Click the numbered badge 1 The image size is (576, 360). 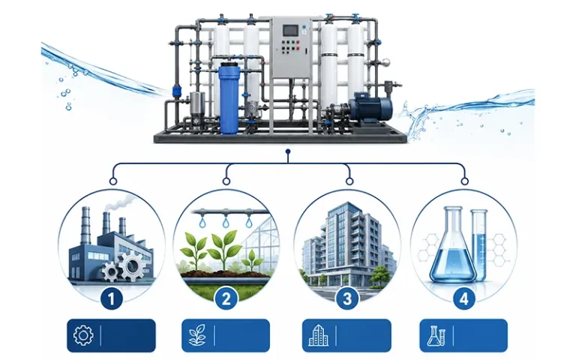(x=111, y=298)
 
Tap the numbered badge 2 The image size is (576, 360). (x=226, y=298)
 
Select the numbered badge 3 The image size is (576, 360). (x=346, y=298)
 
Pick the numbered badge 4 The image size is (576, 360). (x=464, y=298)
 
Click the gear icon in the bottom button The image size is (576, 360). (x=83, y=335)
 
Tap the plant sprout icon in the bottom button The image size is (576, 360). (x=197, y=335)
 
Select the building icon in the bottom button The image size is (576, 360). (x=319, y=335)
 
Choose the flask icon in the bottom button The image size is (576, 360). (x=436, y=336)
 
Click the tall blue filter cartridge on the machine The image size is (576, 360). (x=229, y=98)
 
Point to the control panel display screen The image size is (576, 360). (x=289, y=30)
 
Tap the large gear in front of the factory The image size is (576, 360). (x=131, y=265)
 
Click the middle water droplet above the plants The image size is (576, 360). (x=225, y=222)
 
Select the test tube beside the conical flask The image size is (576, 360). (x=479, y=244)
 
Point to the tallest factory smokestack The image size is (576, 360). (x=85, y=225)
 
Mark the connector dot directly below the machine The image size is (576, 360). (x=288, y=151)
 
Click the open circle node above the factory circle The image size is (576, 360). (x=113, y=181)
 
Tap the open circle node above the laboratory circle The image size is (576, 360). (x=464, y=181)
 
